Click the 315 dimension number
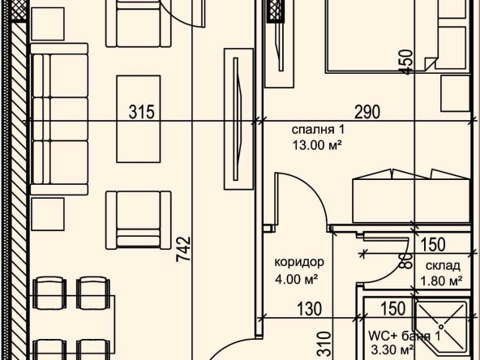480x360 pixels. pyautogui.click(x=141, y=112)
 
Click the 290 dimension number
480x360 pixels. pyautogui.click(x=367, y=112)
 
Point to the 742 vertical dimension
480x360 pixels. pyautogui.click(x=184, y=249)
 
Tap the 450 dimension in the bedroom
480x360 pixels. pyautogui.click(x=408, y=62)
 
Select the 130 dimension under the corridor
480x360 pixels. pyautogui.click(x=309, y=309)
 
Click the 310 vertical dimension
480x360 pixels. pyautogui.click(x=325, y=345)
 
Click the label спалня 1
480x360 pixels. pyautogui.click(x=318, y=130)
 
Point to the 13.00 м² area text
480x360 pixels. pyautogui.click(x=317, y=145)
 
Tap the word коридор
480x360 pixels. pyautogui.click(x=299, y=263)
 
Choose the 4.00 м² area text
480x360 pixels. pyautogui.click(x=296, y=279)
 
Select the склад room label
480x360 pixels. pyautogui.click(x=443, y=266)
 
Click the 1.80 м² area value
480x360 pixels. pyautogui.click(x=441, y=281)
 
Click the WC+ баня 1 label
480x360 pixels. pyautogui.click(x=404, y=336)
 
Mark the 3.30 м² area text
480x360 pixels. pyautogui.click(x=392, y=349)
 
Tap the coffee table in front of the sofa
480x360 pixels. pyautogui.click(x=139, y=118)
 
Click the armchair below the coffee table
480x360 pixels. pyautogui.click(x=139, y=220)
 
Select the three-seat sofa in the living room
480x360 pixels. pyautogui.click(x=59, y=118)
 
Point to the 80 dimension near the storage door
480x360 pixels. pyautogui.click(x=408, y=261)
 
